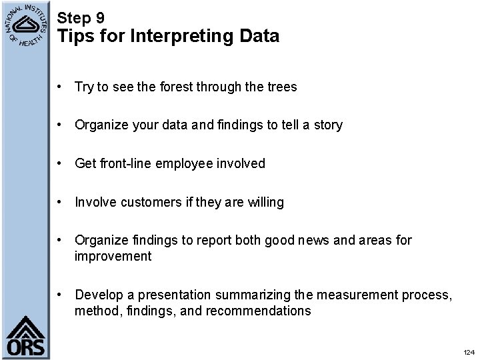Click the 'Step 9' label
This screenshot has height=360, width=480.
coord(81,18)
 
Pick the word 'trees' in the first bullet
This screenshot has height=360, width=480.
coord(281,87)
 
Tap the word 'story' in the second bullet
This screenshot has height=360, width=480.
coord(327,125)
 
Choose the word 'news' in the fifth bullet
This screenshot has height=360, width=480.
coord(316,240)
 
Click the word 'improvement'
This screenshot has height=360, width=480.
coord(113,256)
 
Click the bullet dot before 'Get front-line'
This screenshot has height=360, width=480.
coord(61,163)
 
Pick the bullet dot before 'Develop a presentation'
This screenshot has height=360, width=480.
coord(61,295)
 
